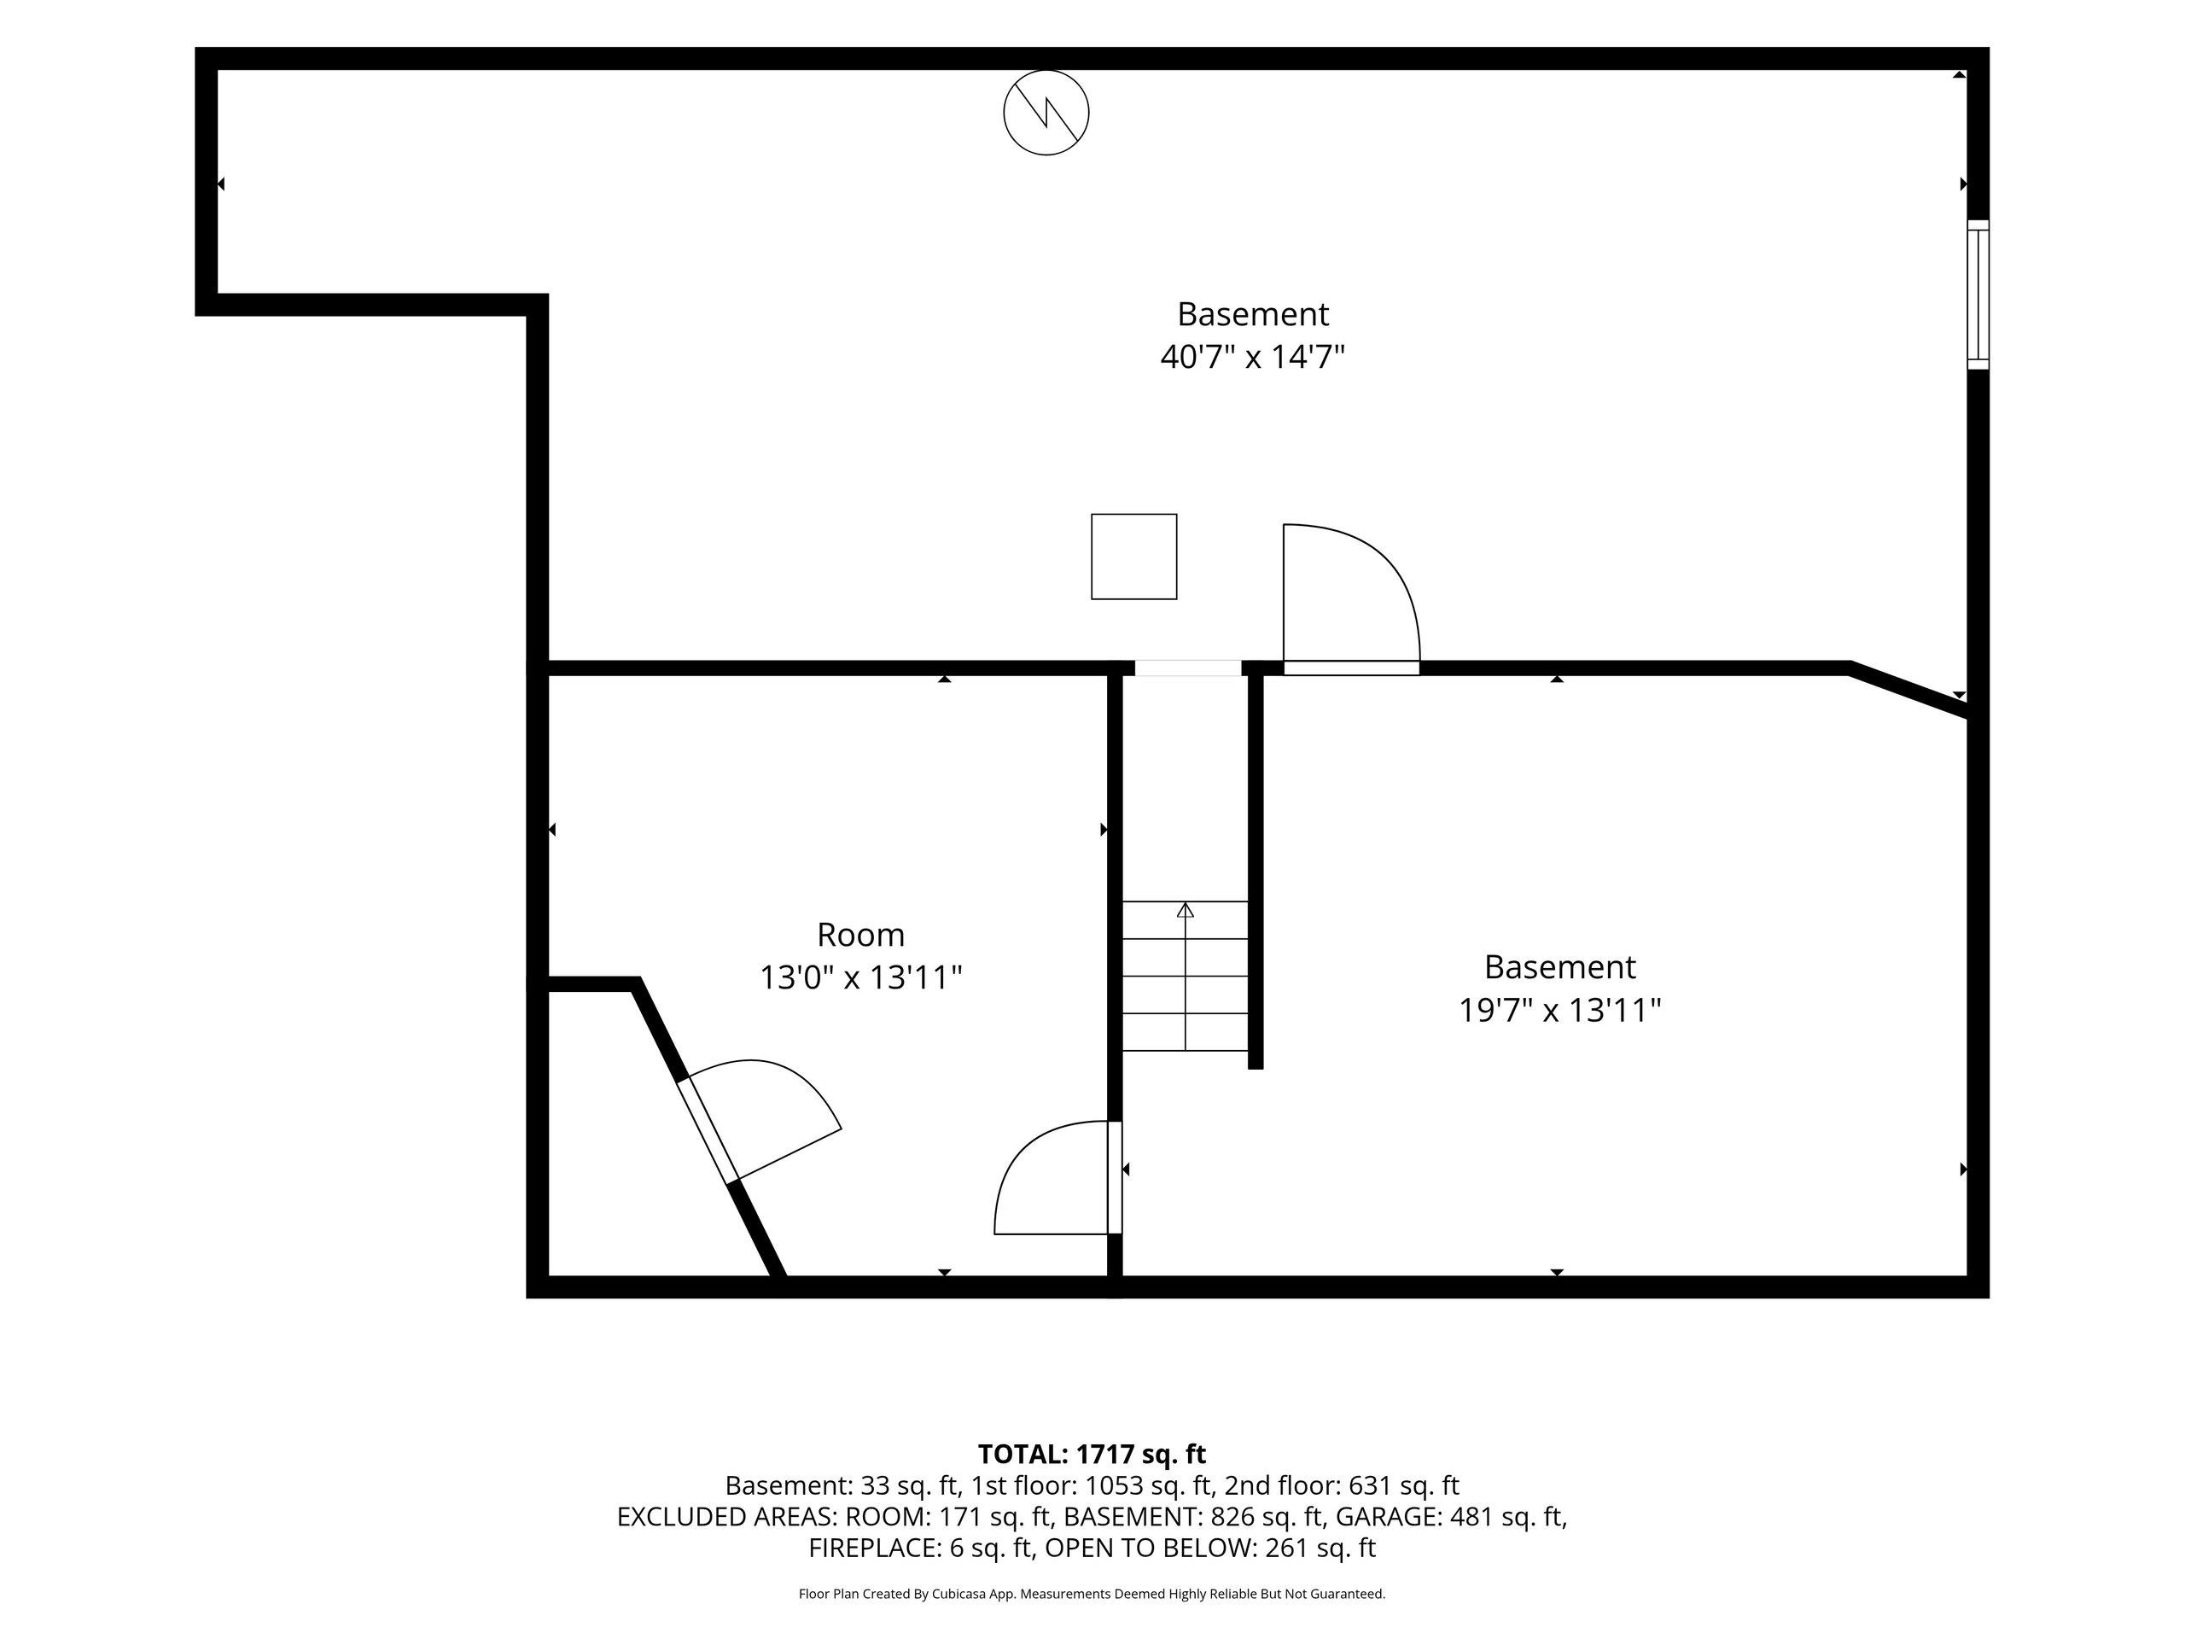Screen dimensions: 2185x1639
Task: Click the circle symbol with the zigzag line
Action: pos(1046,113)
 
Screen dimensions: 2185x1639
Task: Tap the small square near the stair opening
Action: pos(1134,557)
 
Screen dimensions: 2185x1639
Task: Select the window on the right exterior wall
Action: pos(1978,295)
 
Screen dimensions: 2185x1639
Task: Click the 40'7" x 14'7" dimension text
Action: pos(1252,357)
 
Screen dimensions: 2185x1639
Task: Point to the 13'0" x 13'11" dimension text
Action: pos(860,978)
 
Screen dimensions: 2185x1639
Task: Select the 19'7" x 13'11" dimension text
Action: pos(1559,1011)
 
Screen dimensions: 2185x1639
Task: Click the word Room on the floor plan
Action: pos(860,935)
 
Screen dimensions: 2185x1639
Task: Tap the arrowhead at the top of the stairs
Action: pos(1186,910)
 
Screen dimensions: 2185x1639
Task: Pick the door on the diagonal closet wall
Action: pos(708,1131)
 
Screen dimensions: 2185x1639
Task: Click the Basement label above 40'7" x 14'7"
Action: pos(1252,314)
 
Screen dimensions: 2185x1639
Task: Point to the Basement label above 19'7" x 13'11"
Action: pos(1559,966)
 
